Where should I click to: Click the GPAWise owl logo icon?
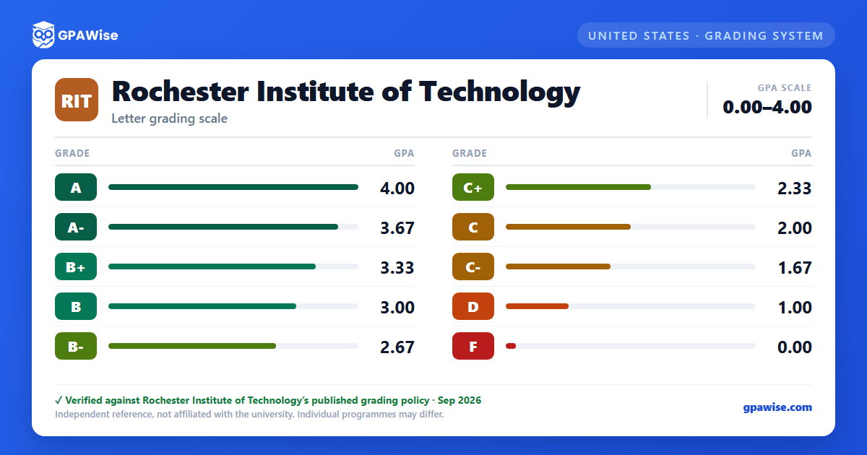coord(43,35)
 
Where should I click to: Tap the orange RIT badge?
coord(77,100)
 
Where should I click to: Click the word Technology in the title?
coord(499,93)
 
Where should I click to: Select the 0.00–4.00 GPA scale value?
coord(767,107)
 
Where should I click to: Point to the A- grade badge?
coord(76,227)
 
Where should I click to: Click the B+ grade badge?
coord(76,266)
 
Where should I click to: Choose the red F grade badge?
coord(473,346)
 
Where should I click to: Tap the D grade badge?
coord(473,306)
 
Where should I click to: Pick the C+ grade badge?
coord(473,187)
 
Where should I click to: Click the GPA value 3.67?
coord(397,228)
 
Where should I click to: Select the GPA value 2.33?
coord(795,188)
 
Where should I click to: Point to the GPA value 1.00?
coord(795,308)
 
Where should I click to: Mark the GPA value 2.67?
coord(397,347)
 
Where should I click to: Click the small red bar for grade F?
coord(511,346)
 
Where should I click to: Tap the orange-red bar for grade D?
coord(538,306)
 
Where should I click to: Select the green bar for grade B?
coord(202,306)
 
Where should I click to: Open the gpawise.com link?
coord(777,407)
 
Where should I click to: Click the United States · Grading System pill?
coord(706,35)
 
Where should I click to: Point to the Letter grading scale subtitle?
coord(170,118)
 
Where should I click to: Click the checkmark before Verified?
coord(59,400)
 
